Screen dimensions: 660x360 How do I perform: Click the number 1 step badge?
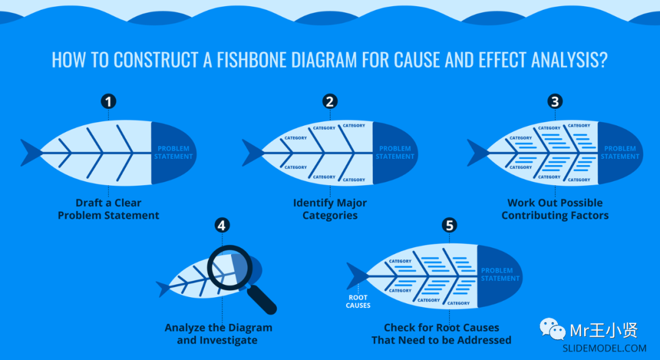pyautogui.click(x=109, y=101)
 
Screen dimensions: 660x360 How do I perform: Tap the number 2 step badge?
pyautogui.click(x=330, y=101)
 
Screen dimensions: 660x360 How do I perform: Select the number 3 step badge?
pyautogui.click(x=555, y=101)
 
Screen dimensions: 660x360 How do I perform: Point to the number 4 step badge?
pyautogui.click(x=222, y=225)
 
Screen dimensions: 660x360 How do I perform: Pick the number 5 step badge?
pyautogui.click(x=449, y=225)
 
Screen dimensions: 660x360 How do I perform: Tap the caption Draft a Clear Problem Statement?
pyautogui.click(x=109, y=209)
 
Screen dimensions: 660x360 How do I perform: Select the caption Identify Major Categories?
pyautogui.click(x=330, y=209)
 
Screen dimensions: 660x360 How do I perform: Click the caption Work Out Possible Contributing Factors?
pyautogui.click(x=555, y=209)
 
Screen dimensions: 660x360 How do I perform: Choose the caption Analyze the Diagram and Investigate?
pyautogui.click(x=218, y=334)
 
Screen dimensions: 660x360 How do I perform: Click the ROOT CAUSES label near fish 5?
pyautogui.click(x=358, y=301)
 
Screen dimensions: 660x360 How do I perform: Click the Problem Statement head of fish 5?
pyautogui.click(x=500, y=275)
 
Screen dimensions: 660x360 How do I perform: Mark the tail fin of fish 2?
pyautogui.click(x=251, y=153)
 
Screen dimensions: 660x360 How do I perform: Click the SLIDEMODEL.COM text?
pyautogui.click(x=604, y=348)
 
